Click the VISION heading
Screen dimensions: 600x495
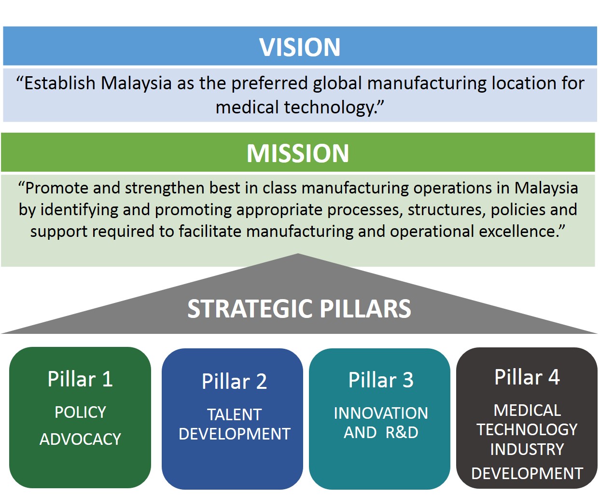[300, 47]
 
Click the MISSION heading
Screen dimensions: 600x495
[298, 153]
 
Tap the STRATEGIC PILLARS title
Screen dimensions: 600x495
[299, 309]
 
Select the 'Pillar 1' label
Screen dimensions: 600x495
[80, 379]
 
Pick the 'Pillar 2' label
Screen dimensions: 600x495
[234, 381]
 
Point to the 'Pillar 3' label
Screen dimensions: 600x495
[381, 380]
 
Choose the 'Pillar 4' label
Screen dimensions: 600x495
[527, 377]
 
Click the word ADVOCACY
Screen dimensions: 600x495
[80, 439]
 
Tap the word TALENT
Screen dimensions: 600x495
[235, 414]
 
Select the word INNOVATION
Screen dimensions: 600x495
[381, 413]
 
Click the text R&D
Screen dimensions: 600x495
[402, 432]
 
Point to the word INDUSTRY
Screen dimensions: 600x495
[527, 449]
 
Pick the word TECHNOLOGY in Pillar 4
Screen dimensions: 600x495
[527, 429]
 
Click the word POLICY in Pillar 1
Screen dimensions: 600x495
[80, 412]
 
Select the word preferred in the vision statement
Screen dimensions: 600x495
[269, 84]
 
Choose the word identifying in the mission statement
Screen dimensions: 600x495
[79, 210]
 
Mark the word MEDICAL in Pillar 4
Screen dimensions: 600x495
[527, 410]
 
